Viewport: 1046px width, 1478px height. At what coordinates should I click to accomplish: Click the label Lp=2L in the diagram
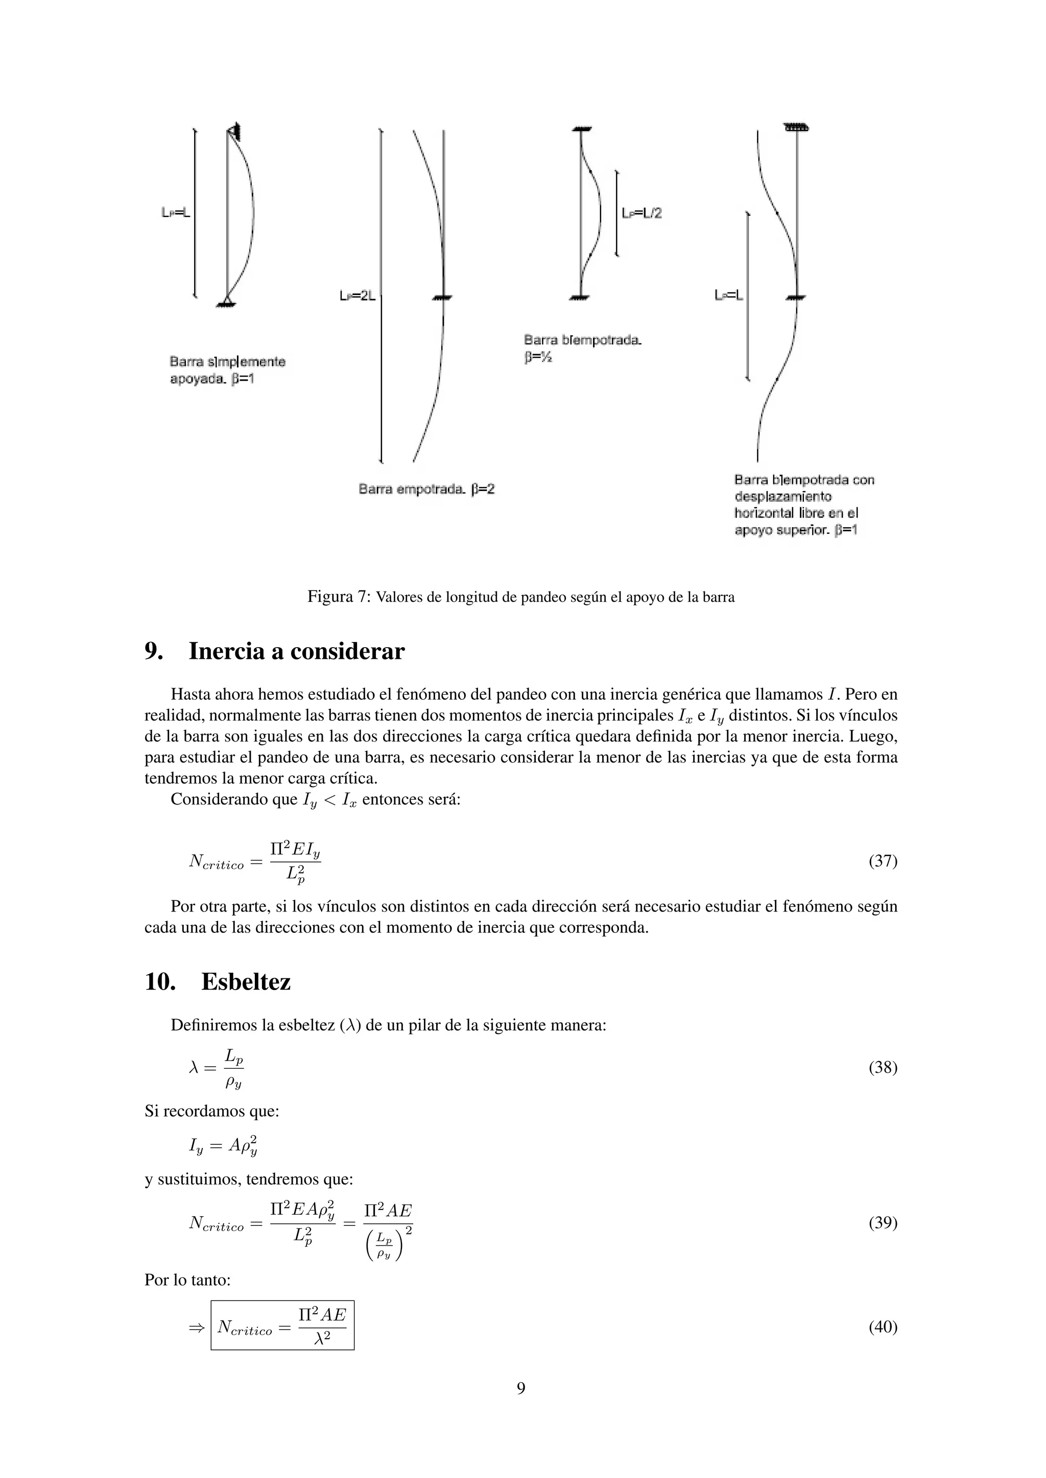pos(358,295)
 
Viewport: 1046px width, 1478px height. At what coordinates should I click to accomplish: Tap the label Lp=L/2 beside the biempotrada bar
pos(641,213)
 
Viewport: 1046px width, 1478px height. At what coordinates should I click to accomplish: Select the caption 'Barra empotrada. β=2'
pos(426,489)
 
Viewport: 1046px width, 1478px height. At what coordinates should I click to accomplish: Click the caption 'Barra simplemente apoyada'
pos(227,370)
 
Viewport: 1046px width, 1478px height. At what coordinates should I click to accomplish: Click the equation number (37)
pos(883,860)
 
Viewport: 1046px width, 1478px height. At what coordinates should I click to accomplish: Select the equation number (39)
pos(883,1222)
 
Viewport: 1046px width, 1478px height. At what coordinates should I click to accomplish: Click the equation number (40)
pos(883,1327)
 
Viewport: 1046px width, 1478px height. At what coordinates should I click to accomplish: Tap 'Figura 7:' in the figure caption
pos(339,597)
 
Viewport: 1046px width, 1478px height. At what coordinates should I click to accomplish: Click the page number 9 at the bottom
pos(521,1389)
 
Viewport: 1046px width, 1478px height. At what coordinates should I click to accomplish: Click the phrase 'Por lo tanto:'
pos(187,1280)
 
